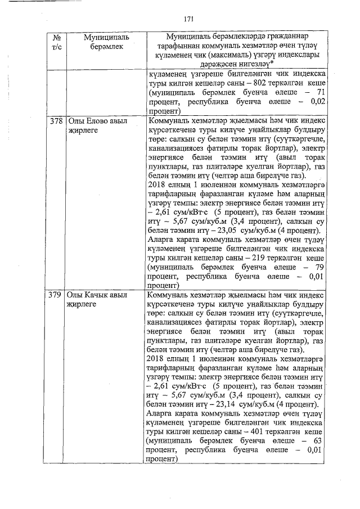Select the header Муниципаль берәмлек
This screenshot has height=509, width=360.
pyautogui.click(x=106, y=42)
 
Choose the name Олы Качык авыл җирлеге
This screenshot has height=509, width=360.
pyautogui.click(x=94, y=299)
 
